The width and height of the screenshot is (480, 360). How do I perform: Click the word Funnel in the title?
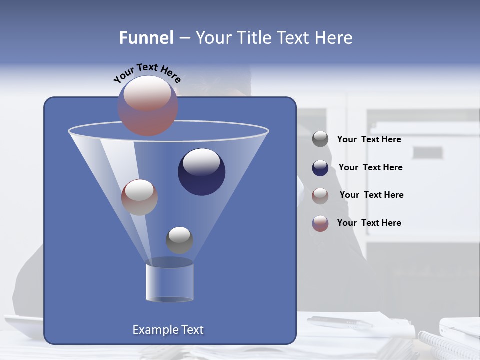click(146, 38)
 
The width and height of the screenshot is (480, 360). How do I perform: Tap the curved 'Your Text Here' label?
click(147, 72)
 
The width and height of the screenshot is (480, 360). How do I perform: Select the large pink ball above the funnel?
click(148, 106)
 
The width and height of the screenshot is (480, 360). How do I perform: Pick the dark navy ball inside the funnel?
click(202, 172)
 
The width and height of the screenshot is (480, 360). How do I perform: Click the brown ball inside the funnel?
click(139, 197)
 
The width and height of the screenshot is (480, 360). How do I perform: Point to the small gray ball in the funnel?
click(179, 240)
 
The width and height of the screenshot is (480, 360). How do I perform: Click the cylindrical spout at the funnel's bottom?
click(169, 283)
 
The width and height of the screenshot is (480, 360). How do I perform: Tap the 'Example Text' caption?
click(168, 330)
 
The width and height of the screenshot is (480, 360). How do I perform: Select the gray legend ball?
click(320, 139)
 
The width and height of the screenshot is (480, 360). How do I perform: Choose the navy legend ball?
click(320, 168)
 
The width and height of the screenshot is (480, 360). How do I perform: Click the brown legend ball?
click(320, 195)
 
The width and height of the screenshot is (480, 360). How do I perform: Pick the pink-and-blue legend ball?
click(320, 223)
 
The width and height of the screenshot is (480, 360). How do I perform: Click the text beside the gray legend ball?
click(369, 139)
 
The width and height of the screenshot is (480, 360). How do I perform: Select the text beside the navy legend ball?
click(370, 167)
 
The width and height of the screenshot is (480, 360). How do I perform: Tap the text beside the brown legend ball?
click(371, 195)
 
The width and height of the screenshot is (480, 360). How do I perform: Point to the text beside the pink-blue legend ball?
click(369, 223)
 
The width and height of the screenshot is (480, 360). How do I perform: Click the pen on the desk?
click(340, 322)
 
